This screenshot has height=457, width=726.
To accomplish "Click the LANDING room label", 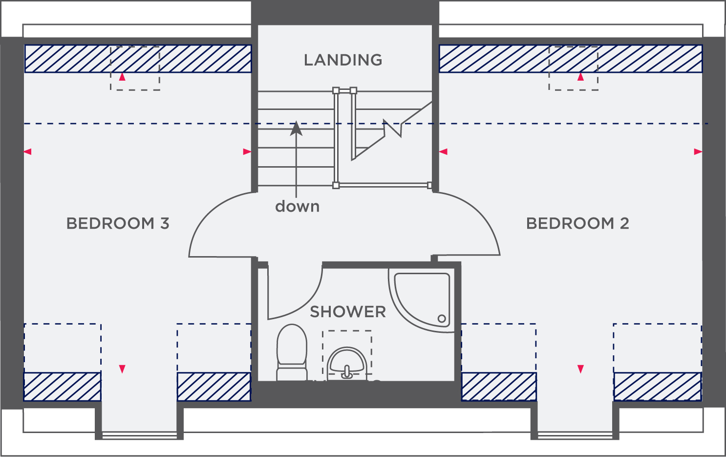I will point(343,60).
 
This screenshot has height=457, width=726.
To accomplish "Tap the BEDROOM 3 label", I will point(118,223).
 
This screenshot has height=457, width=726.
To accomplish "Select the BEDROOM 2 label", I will point(577,223).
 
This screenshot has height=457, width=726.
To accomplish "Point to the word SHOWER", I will point(348,312).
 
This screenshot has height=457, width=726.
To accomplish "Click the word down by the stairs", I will point(297,206).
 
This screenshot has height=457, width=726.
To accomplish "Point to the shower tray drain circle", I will point(442,319).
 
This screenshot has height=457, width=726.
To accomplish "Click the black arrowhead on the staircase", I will point(296,129).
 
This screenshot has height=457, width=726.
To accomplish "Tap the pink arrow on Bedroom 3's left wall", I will point(27,152).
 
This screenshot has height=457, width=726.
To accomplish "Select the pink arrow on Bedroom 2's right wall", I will point(698,152).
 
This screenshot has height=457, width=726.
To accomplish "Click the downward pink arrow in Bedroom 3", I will point(122,369).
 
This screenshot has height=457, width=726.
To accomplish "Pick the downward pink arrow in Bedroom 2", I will point(580,369).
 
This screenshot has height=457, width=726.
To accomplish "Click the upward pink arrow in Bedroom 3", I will point(122,77).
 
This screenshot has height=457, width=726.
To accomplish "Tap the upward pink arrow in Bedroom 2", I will point(580,77).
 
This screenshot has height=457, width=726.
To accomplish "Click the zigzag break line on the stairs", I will point(393,129).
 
